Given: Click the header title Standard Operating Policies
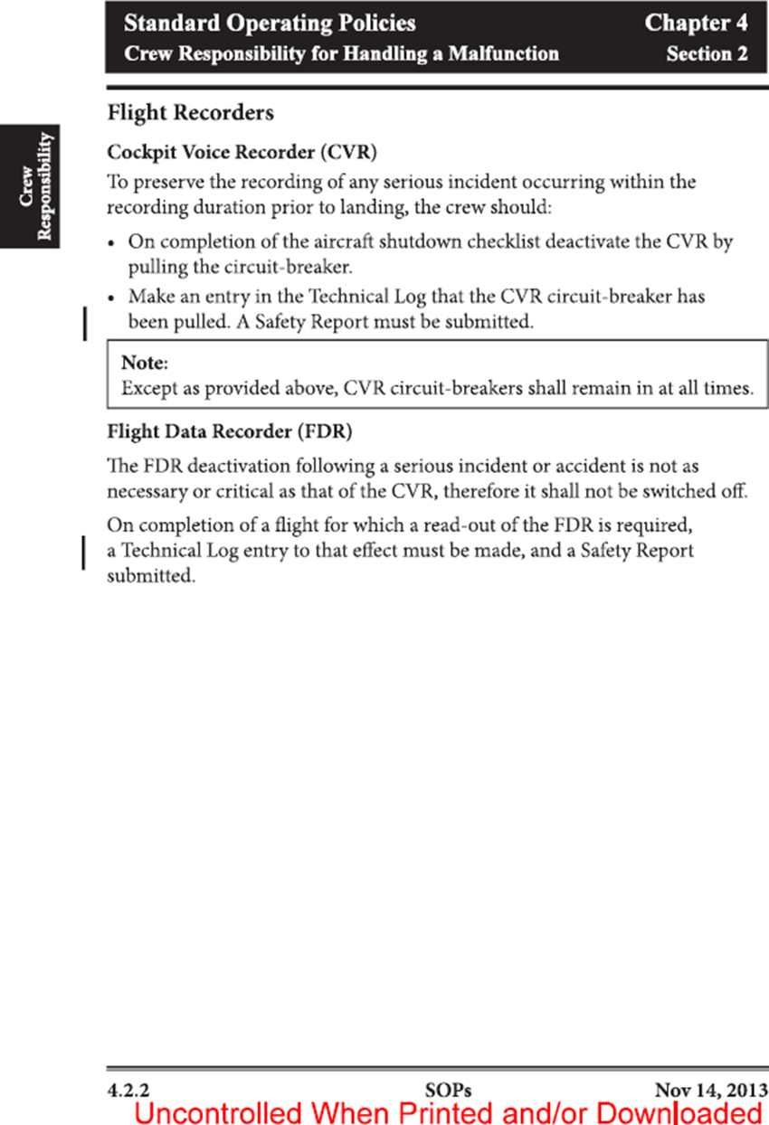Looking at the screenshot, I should pyautogui.click(x=270, y=23).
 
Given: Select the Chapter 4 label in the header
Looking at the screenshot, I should pyautogui.click(x=696, y=23).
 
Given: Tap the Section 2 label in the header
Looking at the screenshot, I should pyautogui.click(x=707, y=53).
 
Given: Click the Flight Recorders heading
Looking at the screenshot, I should pyautogui.click(x=190, y=113).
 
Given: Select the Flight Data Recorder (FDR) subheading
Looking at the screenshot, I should pyautogui.click(x=229, y=432).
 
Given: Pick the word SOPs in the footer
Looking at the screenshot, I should pyautogui.click(x=447, y=1090).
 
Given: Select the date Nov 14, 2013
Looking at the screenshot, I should pyautogui.click(x=711, y=1090).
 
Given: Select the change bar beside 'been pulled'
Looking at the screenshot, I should pyautogui.click(x=84, y=323).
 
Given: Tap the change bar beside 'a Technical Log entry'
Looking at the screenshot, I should pyautogui.click(x=84, y=552).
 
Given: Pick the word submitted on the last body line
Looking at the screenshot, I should pyautogui.click(x=150, y=576).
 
